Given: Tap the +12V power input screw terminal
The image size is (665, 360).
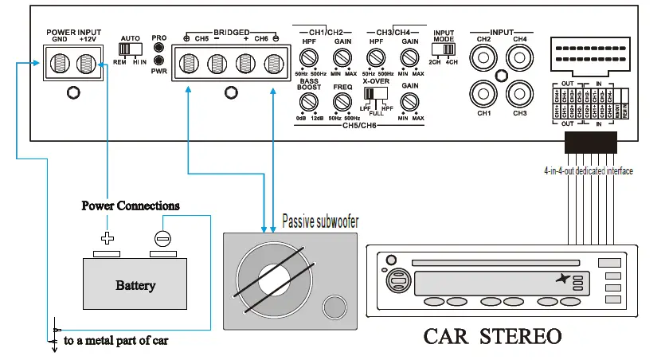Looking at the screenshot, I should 87,62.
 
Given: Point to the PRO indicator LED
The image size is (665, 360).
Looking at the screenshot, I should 159,47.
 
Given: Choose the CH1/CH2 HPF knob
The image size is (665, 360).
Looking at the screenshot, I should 308,58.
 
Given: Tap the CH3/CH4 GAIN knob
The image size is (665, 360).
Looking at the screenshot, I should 409,58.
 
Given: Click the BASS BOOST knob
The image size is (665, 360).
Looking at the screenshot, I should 308,101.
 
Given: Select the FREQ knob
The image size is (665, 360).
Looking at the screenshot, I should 342,101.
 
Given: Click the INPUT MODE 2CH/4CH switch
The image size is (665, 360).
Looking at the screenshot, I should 446,51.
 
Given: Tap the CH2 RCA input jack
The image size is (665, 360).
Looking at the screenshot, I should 483,58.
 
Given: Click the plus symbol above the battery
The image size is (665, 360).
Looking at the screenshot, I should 106,237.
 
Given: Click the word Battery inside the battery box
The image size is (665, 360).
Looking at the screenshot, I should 135,285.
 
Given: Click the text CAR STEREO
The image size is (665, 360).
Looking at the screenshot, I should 492,335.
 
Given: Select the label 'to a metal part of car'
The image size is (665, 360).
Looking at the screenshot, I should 115,341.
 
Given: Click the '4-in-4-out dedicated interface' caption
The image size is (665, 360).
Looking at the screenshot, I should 589,170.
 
